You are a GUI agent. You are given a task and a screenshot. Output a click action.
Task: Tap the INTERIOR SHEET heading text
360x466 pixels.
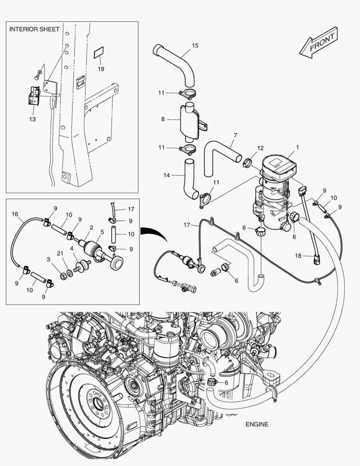pyautogui.click(x=34, y=29)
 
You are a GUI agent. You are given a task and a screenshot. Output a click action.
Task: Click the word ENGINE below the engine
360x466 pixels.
pyautogui.click(x=257, y=424)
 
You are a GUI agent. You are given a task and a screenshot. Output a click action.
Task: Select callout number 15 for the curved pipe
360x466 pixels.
pyautogui.click(x=195, y=46)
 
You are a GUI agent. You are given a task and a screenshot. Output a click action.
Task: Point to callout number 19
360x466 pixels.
pyautogui.click(x=100, y=69)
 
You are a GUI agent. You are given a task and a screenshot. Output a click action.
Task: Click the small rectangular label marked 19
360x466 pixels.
pyautogui.click(x=99, y=54)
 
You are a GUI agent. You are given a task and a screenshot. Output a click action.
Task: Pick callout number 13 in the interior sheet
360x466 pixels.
pyautogui.click(x=32, y=119)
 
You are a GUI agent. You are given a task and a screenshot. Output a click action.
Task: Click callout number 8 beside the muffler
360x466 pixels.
pyautogui.click(x=163, y=119)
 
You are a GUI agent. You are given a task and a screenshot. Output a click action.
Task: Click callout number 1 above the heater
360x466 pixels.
pyautogui.click(x=297, y=148)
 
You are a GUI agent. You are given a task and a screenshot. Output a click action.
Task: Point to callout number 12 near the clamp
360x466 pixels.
pyautogui.click(x=260, y=148)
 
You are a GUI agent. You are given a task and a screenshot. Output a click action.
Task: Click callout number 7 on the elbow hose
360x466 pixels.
pyautogui.click(x=235, y=135)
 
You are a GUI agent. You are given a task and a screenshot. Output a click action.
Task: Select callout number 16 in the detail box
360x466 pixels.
pyautogui.click(x=15, y=214)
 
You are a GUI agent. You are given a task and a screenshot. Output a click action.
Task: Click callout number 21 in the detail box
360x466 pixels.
pyautogui.click(x=61, y=253)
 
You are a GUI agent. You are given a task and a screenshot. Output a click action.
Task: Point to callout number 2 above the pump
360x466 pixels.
pyautogui.click(x=91, y=227)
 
